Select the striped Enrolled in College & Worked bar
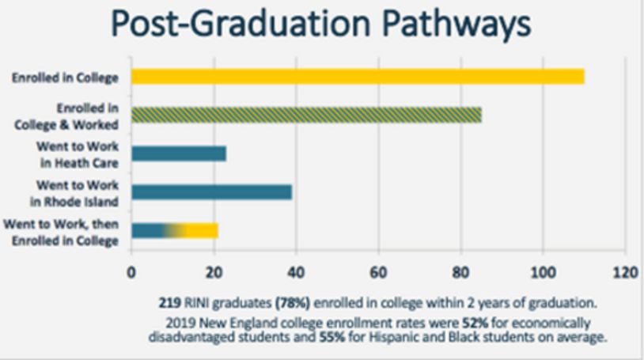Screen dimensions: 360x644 [306, 115]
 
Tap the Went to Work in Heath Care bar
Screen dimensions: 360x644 [179, 153]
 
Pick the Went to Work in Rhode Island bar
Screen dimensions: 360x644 [211, 191]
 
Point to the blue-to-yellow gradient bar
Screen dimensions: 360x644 [174, 230]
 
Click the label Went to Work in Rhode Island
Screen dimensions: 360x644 [78, 191]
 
